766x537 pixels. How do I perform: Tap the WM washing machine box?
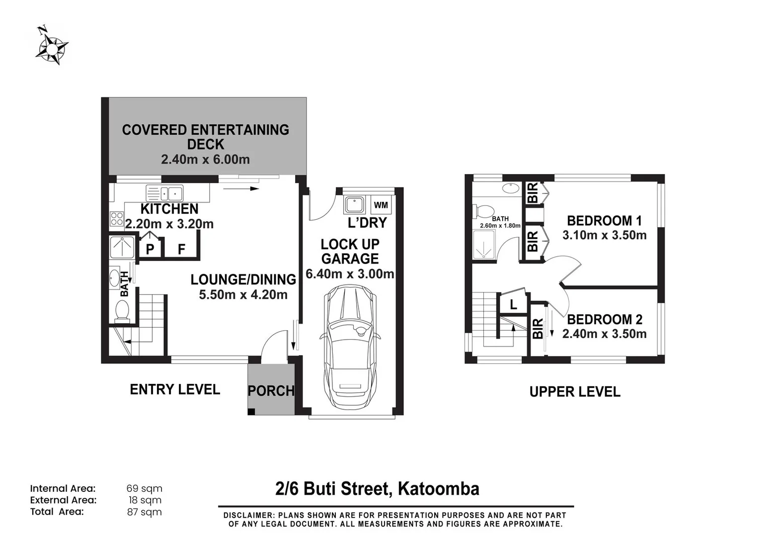[x=381, y=205]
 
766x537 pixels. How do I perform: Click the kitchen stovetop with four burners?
[x=117, y=219]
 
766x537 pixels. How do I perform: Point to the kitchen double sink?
[x=164, y=193]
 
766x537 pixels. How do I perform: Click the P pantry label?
[x=150, y=249]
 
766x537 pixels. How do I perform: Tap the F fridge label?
[x=182, y=249]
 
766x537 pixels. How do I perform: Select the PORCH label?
[x=271, y=390]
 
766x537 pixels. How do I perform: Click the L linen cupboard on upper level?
[x=513, y=304]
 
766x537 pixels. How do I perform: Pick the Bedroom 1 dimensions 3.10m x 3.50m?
[x=604, y=235]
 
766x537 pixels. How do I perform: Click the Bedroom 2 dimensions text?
[x=604, y=333]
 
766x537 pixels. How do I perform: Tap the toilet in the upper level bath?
[x=483, y=211]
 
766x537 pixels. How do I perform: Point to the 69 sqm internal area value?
[x=145, y=488]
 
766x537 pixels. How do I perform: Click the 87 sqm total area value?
[x=145, y=512]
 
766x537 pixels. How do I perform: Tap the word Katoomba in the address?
[x=439, y=489]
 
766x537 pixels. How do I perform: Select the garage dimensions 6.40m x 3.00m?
[x=350, y=274]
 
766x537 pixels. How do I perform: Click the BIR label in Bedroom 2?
[x=537, y=329]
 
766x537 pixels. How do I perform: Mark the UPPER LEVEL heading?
[x=575, y=392]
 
